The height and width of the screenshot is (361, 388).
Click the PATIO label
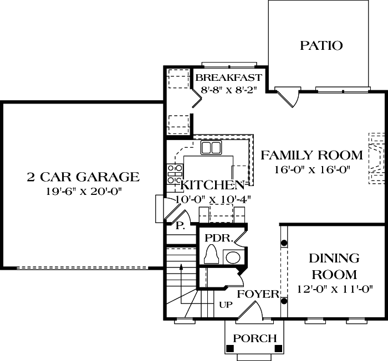point(321,45)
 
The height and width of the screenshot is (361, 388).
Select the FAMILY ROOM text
point(312,155)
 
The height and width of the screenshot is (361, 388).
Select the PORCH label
point(254,338)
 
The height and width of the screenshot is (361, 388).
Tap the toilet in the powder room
point(212,257)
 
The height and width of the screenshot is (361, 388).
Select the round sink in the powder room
point(233,257)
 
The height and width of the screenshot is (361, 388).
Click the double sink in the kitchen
point(211,147)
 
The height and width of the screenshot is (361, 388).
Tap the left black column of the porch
point(230,348)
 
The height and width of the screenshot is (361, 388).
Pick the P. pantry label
point(180,226)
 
